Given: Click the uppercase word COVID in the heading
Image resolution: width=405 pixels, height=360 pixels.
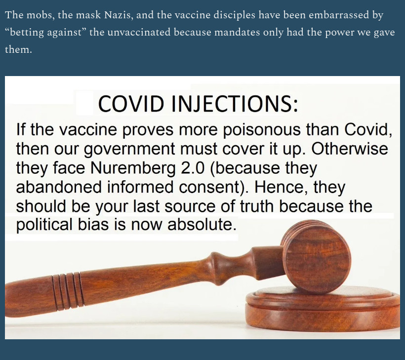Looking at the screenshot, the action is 131,103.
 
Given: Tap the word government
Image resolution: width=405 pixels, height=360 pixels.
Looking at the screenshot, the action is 130,150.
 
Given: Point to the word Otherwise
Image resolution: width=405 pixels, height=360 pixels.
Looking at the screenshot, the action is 350,149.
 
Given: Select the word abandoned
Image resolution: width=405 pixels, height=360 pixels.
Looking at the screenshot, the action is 59,187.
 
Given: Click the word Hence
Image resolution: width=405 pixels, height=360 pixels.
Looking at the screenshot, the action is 281,188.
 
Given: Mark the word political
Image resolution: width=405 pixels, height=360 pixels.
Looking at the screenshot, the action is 44,225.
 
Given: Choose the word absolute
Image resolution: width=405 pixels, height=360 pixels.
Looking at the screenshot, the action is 202,224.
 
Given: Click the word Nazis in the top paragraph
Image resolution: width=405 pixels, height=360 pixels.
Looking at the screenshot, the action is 119,15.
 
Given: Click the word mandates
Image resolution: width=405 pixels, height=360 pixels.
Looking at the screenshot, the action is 236,33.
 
